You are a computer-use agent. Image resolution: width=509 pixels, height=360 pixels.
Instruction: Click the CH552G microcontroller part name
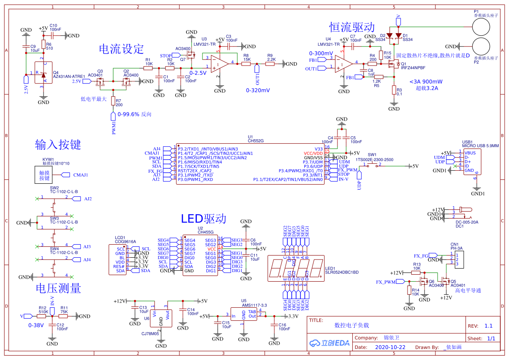tap(256, 141)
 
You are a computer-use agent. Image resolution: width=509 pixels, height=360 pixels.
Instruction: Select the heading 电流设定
tap(121, 49)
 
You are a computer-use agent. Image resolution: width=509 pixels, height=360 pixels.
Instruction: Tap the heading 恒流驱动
tap(352, 27)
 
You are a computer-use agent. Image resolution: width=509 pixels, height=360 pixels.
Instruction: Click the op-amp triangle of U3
tap(219, 64)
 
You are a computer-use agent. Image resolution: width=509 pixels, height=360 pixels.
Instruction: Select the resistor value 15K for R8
tap(247, 59)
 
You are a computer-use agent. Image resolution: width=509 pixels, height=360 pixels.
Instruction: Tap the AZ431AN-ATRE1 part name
tap(69, 77)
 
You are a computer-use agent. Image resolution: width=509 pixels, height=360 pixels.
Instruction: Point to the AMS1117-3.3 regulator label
tap(254, 306)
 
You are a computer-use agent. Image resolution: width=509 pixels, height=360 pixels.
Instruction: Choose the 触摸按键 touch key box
tap(45, 175)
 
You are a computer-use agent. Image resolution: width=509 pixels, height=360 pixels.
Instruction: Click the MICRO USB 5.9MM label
tap(480, 145)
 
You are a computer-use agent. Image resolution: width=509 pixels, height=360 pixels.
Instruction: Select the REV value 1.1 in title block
tap(489, 326)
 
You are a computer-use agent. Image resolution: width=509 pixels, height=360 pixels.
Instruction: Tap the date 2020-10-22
tap(390, 347)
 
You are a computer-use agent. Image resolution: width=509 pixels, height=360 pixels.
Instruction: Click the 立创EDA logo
tap(330, 343)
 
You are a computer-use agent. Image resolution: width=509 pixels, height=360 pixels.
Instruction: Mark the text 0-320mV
tap(258, 90)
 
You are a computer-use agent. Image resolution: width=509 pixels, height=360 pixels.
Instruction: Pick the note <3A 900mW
tap(426, 82)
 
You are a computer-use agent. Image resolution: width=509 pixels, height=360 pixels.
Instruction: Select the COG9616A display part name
tap(125, 241)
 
